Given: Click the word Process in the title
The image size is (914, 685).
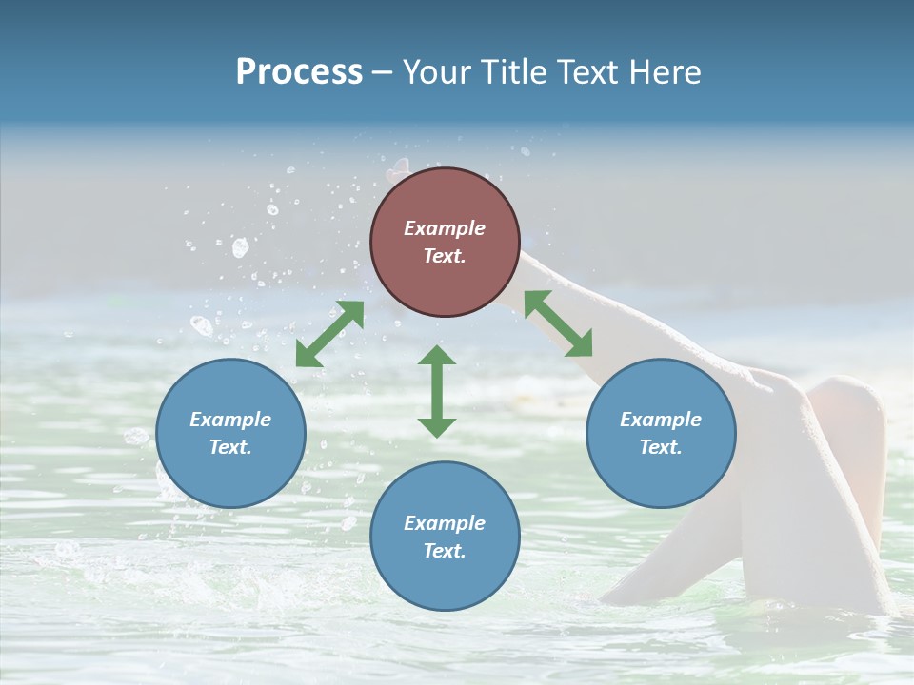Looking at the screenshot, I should point(299,72).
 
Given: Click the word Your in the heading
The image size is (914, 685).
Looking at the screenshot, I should point(439,72).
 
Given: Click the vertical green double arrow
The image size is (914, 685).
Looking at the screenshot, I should point(437,391).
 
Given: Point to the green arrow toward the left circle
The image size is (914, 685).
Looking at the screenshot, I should point(329,334).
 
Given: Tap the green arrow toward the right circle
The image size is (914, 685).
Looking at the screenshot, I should point(558,323).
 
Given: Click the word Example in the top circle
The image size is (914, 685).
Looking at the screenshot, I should point(445,228).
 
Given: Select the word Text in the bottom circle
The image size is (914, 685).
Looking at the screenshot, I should point(445,551).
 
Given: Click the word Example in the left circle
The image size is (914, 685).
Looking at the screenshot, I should point(230,420).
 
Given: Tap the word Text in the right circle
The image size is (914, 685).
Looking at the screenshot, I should point(661,447).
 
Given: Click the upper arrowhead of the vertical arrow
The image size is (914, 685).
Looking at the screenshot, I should point(437,356).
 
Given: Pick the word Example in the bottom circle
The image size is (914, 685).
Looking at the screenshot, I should point(445,523).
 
